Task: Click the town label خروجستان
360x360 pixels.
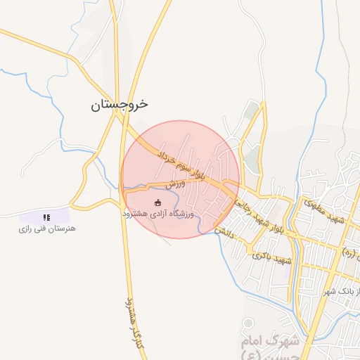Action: click(x=120, y=105)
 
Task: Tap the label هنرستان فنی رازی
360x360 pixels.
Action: click(x=47, y=229)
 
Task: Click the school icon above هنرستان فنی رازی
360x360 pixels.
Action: click(x=46, y=218)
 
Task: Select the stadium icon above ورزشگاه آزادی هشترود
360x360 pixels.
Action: click(x=157, y=202)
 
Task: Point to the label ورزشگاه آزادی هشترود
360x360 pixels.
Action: click(x=157, y=212)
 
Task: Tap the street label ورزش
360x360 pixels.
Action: click(x=176, y=184)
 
